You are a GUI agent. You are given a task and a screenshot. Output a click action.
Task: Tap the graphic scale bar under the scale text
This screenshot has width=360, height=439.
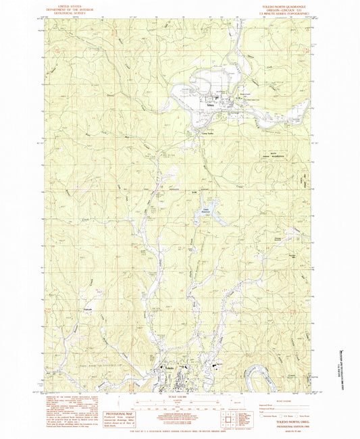[178, 407]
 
